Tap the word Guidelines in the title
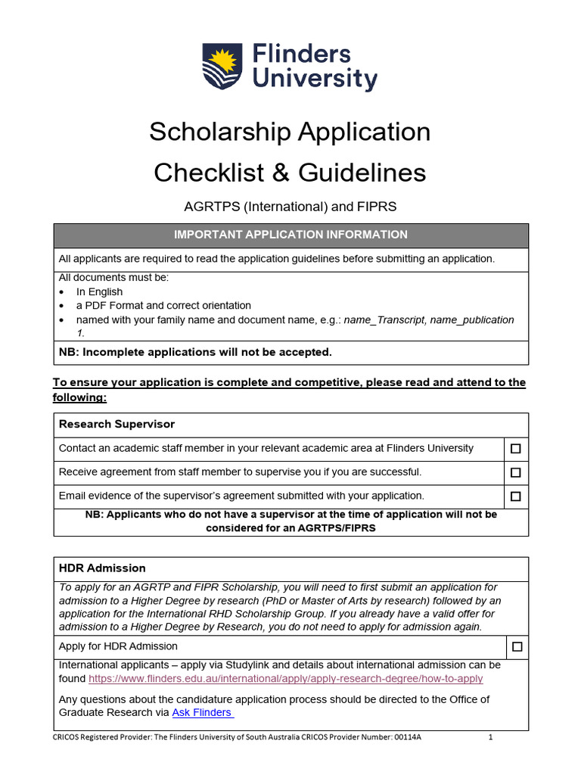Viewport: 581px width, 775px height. [362, 173]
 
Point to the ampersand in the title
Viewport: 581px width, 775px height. [280, 173]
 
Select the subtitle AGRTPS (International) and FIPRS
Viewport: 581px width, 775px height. [290, 206]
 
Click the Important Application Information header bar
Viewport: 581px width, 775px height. [290, 235]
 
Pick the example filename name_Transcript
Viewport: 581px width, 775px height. [384, 319]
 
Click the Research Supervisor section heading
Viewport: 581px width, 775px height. [117, 425]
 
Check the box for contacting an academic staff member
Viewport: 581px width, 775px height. [516, 449]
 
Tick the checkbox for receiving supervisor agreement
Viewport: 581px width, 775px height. [516, 473]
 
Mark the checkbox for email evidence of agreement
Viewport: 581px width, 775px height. [516, 496]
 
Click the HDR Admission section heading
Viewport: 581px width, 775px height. [102, 568]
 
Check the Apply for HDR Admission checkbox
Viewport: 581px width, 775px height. [517, 647]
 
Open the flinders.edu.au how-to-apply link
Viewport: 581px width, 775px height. [285, 679]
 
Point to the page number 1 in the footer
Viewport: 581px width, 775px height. [490, 736]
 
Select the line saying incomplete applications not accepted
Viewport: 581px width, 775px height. [195, 352]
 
